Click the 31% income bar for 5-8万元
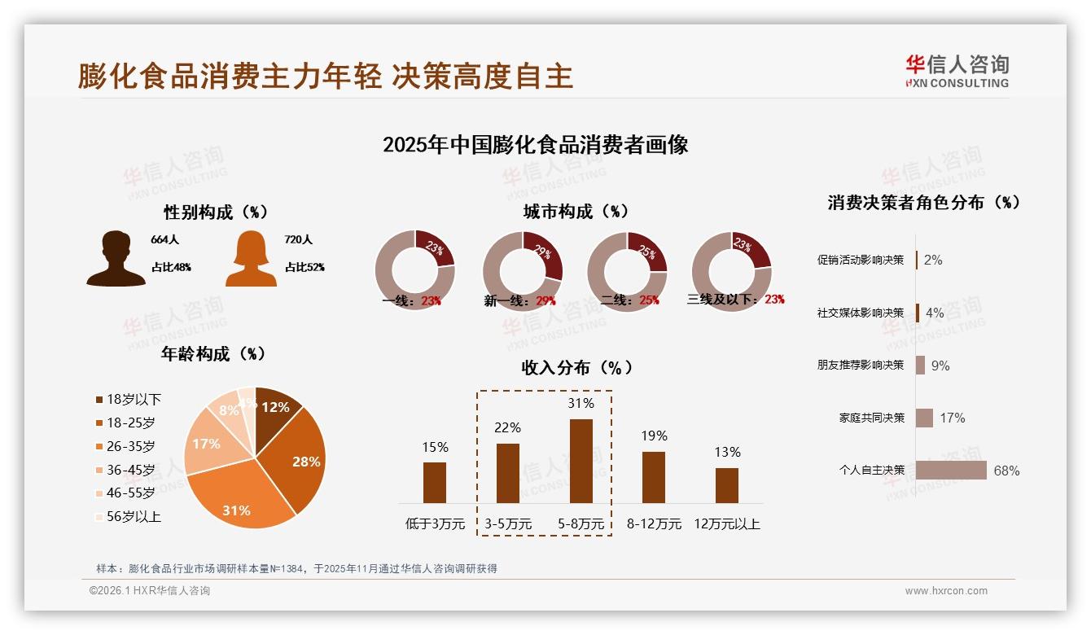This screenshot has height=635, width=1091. click(x=581, y=461)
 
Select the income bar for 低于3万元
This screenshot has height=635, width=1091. click(x=435, y=483)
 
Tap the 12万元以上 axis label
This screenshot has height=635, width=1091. click(x=726, y=524)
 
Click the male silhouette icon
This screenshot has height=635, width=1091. click(x=116, y=258)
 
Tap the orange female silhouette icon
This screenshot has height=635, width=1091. click(x=251, y=258)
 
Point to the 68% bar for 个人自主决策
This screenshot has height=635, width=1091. click(x=951, y=471)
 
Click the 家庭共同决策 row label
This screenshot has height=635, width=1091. click(x=871, y=418)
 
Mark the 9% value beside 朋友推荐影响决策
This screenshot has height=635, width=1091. click(x=940, y=366)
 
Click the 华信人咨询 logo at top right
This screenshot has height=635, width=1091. click(x=957, y=71)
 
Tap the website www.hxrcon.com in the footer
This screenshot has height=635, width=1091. click(x=946, y=591)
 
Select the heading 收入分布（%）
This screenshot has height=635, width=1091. click(x=576, y=367)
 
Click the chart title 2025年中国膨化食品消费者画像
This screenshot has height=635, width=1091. click(x=536, y=145)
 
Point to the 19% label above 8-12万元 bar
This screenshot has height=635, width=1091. click(x=653, y=436)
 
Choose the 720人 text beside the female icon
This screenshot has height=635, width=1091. click(x=299, y=240)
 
